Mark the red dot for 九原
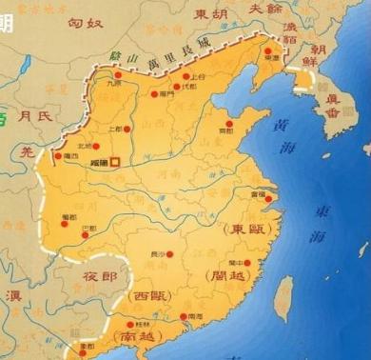[x=118, y=74]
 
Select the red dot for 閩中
[x=246, y=262]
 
